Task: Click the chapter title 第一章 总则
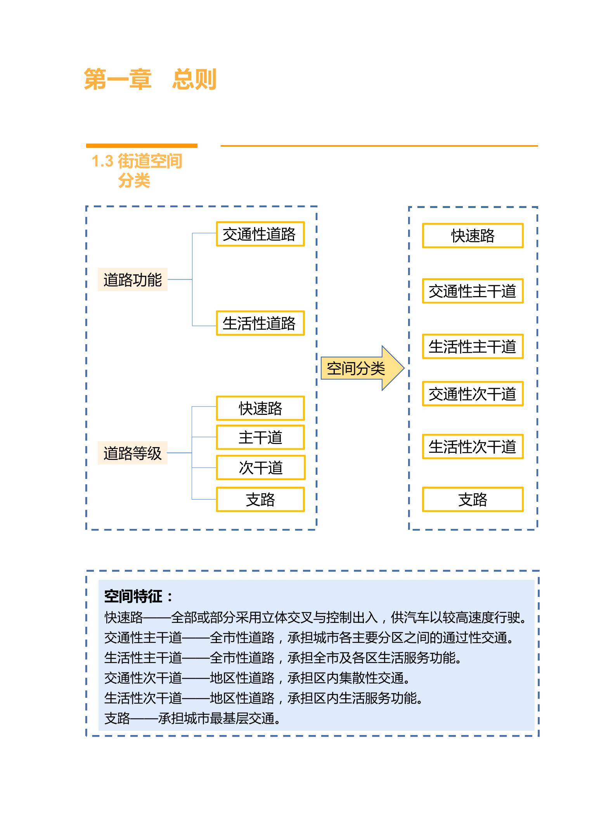pyautogui.click(x=150, y=80)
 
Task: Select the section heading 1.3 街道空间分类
pyautogui.click(x=137, y=171)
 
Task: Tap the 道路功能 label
pyautogui.click(x=132, y=280)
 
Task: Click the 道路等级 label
pyautogui.click(x=132, y=453)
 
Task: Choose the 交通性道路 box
pyautogui.click(x=260, y=234)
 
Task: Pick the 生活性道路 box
pyautogui.click(x=260, y=323)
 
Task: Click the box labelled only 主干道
pyautogui.click(x=260, y=438)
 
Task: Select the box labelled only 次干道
pyautogui.click(x=260, y=468)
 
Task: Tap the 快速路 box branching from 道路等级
pyautogui.click(x=260, y=408)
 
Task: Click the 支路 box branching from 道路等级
pyautogui.click(x=260, y=499)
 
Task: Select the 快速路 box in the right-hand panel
pyautogui.click(x=473, y=236)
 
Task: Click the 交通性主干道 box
pyautogui.click(x=473, y=291)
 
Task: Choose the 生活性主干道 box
pyautogui.click(x=473, y=347)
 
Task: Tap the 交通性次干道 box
pyautogui.click(x=473, y=394)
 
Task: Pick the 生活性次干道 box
pyautogui.click(x=473, y=447)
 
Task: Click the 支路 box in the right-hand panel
pyautogui.click(x=473, y=499)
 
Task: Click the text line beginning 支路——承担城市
pyautogui.click(x=192, y=718)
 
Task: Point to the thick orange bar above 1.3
pyautogui.click(x=142, y=146)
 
